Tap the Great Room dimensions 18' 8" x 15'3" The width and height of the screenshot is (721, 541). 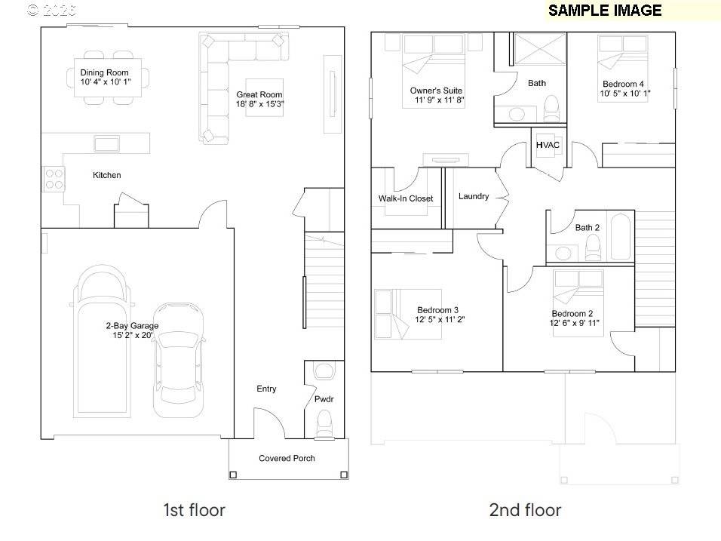(259, 103)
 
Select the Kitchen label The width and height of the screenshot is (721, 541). (106, 175)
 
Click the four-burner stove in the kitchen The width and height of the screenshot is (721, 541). (54, 178)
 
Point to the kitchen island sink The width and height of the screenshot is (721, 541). (105, 143)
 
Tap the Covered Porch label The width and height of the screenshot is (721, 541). (287, 458)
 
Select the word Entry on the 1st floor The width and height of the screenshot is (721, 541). (266, 389)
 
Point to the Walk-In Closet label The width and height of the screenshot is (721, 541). (406, 199)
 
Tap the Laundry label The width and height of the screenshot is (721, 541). (474, 196)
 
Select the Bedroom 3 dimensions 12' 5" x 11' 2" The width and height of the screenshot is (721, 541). (438, 319)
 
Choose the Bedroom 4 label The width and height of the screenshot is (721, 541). (623, 84)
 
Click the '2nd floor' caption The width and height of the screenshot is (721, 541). (525, 510)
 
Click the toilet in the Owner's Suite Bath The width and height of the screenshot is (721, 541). (551, 108)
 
